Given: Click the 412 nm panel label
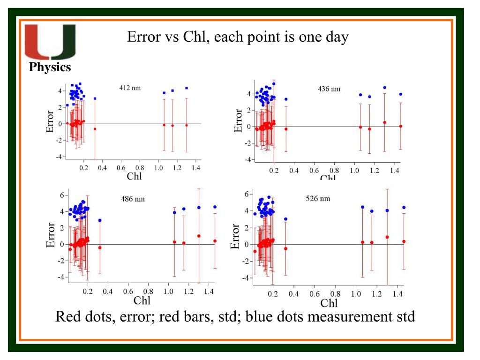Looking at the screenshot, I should [x=130, y=88].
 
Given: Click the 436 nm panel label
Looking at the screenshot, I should [x=329, y=89].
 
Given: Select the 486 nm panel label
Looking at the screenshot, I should [x=133, y=199].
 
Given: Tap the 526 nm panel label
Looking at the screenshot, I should [x=318, y=199].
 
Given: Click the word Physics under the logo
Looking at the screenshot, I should [x=50, y=67].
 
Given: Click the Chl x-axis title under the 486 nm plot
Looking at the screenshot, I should [x=142, y=300].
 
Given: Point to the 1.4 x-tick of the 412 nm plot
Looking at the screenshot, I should [x=195, y=168].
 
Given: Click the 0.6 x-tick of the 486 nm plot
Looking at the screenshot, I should [x=128, y=292].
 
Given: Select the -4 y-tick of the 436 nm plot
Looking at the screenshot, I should [x=247, y=159].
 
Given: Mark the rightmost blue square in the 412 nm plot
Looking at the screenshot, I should [x=186, y=88].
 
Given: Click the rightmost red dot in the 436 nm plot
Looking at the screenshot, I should [x=400, y=126].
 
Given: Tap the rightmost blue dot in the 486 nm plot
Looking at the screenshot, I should [x=215, y=207].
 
